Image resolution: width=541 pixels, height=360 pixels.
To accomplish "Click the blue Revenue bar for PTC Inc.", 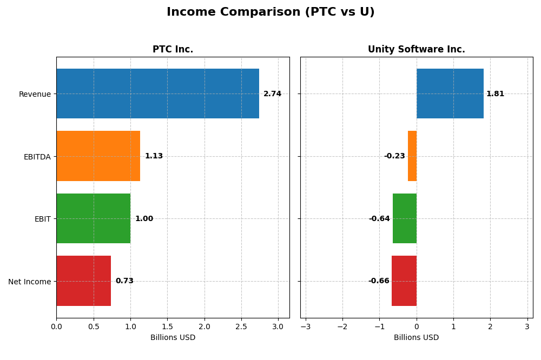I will (x=157, y=94).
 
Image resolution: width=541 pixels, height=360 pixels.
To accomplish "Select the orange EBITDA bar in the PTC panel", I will (x=98, y=156).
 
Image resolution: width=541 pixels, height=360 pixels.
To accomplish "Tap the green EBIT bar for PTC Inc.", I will (x=93, y=218).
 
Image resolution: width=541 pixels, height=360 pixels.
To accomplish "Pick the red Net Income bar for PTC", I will (x=83, y=281).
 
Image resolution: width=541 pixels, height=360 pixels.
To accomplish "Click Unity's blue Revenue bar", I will (x=450, y=94).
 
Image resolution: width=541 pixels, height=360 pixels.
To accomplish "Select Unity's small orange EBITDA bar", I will (x=412, y=156).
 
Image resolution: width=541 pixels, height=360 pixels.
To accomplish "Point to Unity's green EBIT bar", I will (x=405, y=218).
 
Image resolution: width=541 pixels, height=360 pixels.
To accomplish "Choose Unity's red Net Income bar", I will (x=404, y=281).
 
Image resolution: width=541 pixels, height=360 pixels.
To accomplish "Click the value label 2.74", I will (x=272, y=94).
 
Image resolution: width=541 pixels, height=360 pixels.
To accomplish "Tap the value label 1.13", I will (x=154, y=156).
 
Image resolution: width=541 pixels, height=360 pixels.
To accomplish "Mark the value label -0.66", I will (x=379, y=281).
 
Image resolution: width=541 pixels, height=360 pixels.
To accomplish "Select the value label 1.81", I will (x=495, y=94).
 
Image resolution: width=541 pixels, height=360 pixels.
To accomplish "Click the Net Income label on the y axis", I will (x=29, y=282).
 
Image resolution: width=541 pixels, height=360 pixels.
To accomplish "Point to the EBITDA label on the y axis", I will (x=37, y=157).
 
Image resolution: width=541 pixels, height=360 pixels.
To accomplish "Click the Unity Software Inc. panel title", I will (x=416, y=50).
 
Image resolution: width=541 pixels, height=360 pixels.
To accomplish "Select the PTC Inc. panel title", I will (x=173, y=50).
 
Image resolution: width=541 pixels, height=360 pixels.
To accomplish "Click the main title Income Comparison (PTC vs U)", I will (x=270, y=12).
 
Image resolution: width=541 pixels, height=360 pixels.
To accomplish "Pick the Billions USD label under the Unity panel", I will (x=416, y=337).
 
